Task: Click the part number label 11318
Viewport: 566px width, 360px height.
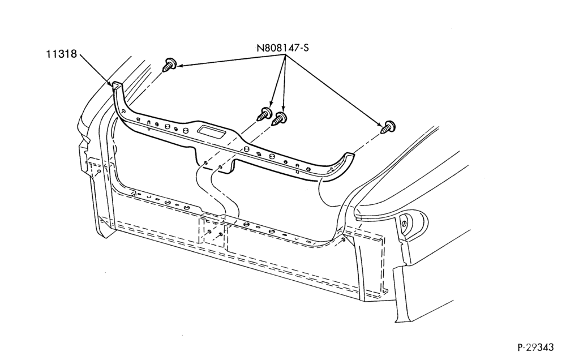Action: [x=61, y=54]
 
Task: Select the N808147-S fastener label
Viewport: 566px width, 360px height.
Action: [x=282, y=48]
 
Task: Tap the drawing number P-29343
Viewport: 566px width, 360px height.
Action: [x=535, y=347]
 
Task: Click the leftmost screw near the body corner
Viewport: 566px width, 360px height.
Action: [x=169, y=65]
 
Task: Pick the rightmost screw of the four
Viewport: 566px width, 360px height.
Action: [x=389, y=127]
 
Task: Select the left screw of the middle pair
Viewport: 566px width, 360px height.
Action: [x=264, y=114]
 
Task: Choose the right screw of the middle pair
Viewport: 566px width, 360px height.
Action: [x=280, y=118]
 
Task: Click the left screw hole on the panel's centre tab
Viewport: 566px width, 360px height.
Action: [x=205, y=163]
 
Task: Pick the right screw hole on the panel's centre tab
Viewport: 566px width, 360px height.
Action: [x=220, y=167]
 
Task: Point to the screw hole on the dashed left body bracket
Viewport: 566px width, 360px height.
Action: [x=98, y=172]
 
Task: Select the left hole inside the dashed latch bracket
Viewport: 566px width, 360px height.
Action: [x=209, y=232]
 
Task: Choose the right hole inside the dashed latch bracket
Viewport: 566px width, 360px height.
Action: [x=220, y=234]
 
